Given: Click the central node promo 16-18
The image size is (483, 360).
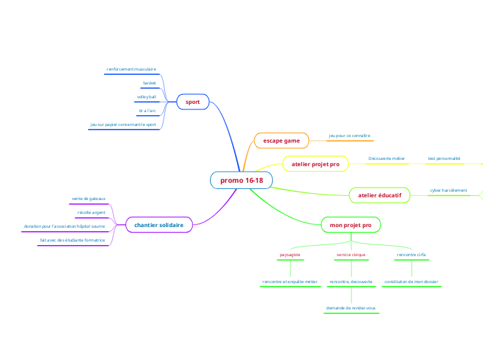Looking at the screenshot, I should (x=241, y=181).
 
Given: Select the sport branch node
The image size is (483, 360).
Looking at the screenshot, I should (x=193, y=102).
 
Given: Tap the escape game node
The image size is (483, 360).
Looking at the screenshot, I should (x=281, y=141).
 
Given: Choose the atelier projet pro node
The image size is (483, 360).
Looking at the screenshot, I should (x=315, y=164).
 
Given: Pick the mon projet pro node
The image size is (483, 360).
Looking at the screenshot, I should (x=351, y=225).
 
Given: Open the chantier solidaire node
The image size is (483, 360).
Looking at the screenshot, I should (x=159, y=225).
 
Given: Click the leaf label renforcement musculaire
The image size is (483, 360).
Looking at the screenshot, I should (x=131, y=69).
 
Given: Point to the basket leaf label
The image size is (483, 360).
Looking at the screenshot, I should (x=150, y=83).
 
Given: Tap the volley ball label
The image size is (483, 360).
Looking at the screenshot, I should (x=146, y=97).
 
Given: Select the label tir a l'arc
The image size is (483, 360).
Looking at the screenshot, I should (x=146, y=111).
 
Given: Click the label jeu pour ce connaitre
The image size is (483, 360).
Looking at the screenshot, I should (x=349, y=136).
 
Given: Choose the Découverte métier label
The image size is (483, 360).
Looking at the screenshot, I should (x=386, y=159).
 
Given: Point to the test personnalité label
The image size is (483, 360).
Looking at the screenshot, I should (x=444, y=159).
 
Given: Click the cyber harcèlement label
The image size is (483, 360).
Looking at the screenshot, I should (x=448, y=190).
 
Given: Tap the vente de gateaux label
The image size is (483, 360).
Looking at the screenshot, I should (x=89, y=199).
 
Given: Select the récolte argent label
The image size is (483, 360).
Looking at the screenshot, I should (x=91, y=212).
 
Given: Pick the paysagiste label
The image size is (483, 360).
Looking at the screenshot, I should (x=290, y=255).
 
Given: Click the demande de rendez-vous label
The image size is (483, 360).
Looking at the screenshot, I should (x=351, y=307).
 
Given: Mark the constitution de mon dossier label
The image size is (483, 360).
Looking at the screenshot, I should (x=411, y=282).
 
